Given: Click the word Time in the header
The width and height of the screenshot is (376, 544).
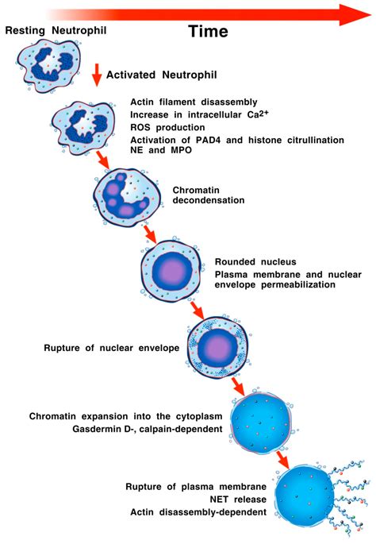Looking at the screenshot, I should pos(208,32).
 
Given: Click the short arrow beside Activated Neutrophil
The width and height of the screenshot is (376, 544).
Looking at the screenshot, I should pos(97,76).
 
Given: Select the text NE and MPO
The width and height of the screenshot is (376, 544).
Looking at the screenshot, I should pos(163,152).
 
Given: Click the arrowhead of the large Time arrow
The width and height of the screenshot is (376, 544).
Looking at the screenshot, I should pos(356,14).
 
